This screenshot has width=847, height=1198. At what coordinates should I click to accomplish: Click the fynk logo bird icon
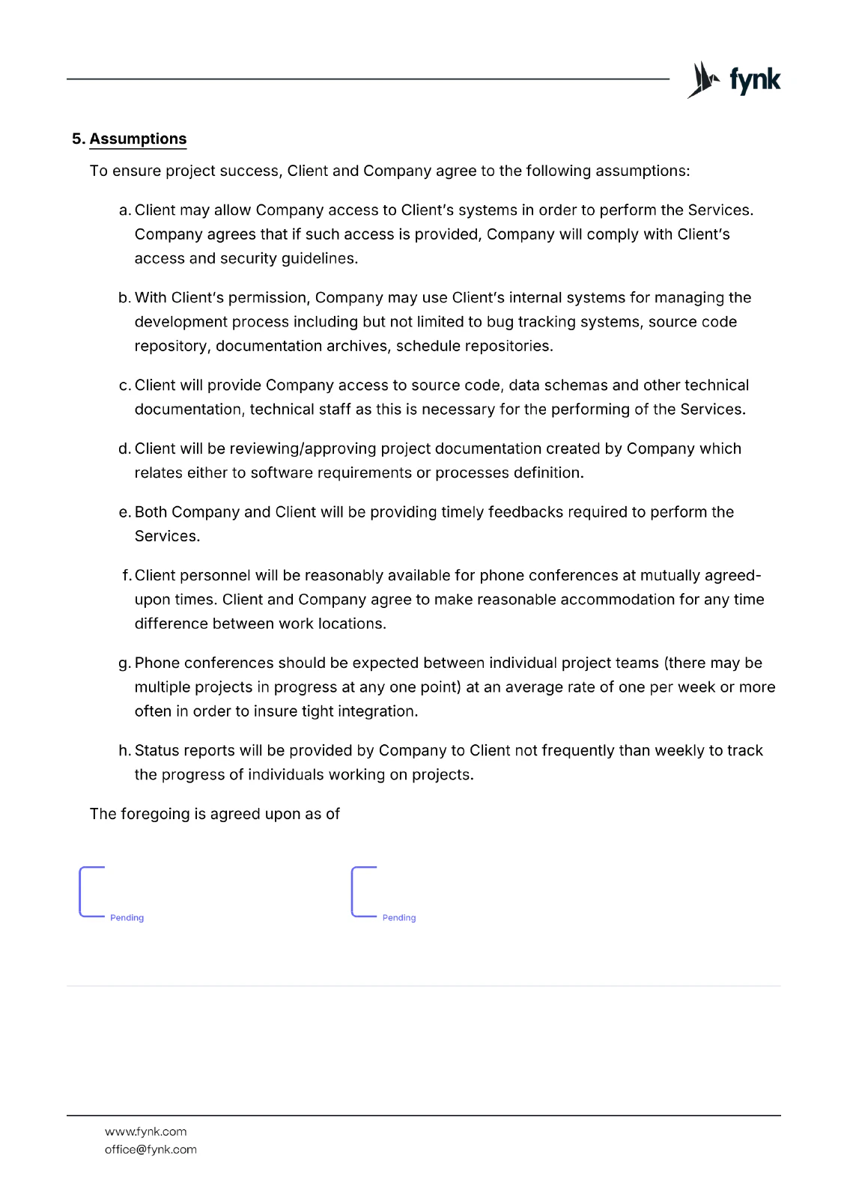pyautogui.click(x=702, y=79)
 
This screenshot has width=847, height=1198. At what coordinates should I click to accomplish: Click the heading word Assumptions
pyautogui.click(x=138, y=139)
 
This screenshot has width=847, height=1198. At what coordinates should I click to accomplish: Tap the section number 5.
pyautogui.click(x=78, y=139)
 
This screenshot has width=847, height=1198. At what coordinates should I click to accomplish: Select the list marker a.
pyautogui.click(x=125, y=210)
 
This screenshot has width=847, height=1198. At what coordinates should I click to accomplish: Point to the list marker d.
pyautogui.click(x=124, y=449)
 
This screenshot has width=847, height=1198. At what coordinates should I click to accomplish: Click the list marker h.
pyautogui.click(x=124, y=750)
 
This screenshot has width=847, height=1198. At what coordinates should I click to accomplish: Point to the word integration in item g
pyautogui.click(x=377, y=711)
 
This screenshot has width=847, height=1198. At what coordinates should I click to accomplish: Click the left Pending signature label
pyautogui.click(x=127, y=918)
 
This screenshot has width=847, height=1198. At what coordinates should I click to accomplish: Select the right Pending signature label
pyautogui.click(x=399, y=918)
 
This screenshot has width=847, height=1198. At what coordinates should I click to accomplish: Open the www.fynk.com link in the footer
pyautogui.click(x=146, y=1131)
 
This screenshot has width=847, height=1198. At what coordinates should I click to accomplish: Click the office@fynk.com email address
pyautogui.click(x=151, y=1149)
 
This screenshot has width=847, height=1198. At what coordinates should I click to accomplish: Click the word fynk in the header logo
pyautogui.click(x=755, y=80)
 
